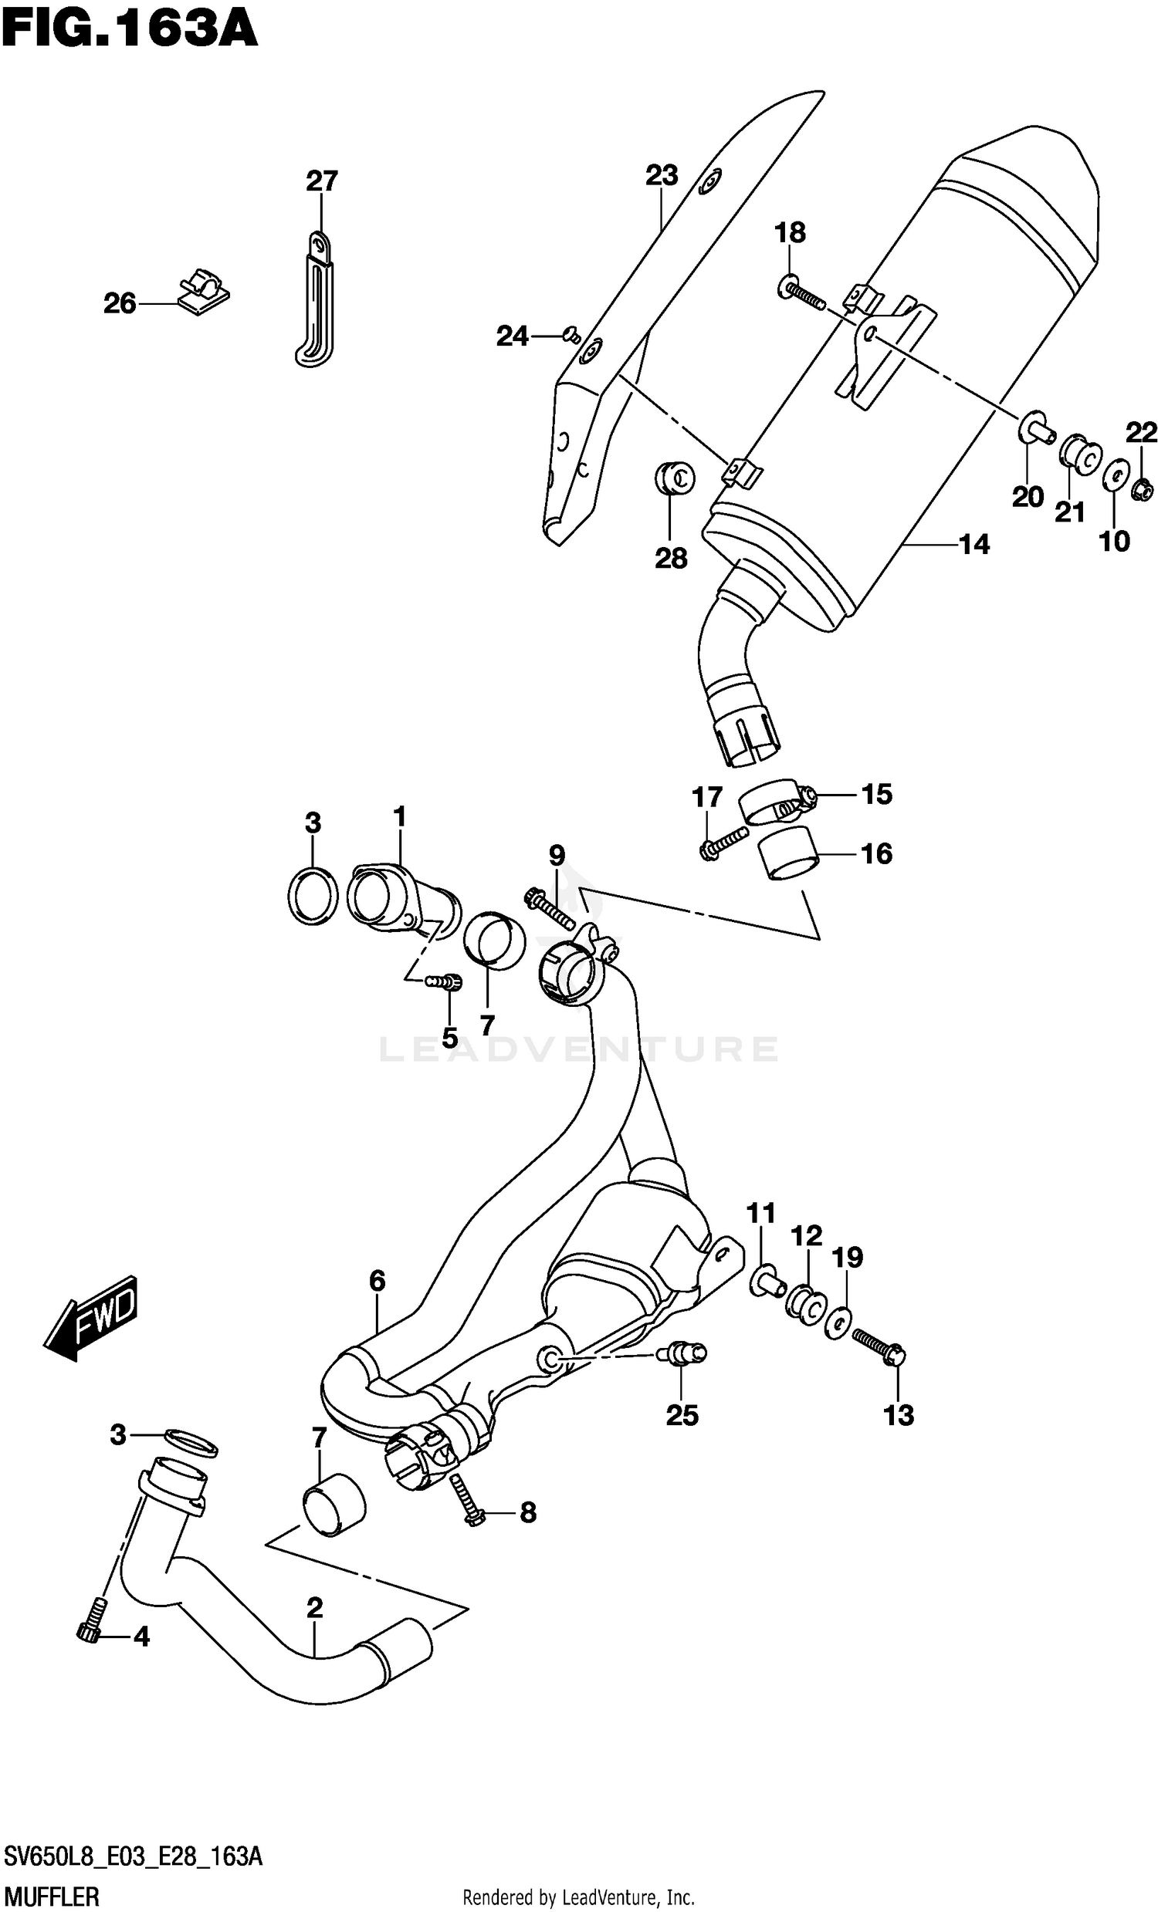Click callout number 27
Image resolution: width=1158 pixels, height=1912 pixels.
[321, 181]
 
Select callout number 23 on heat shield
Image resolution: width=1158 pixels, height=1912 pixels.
[662, 175]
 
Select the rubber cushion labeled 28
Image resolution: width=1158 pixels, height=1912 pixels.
[674, 478]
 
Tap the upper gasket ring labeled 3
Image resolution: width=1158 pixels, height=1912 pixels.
[312, 897]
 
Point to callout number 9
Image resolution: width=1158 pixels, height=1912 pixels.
[557, 855]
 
